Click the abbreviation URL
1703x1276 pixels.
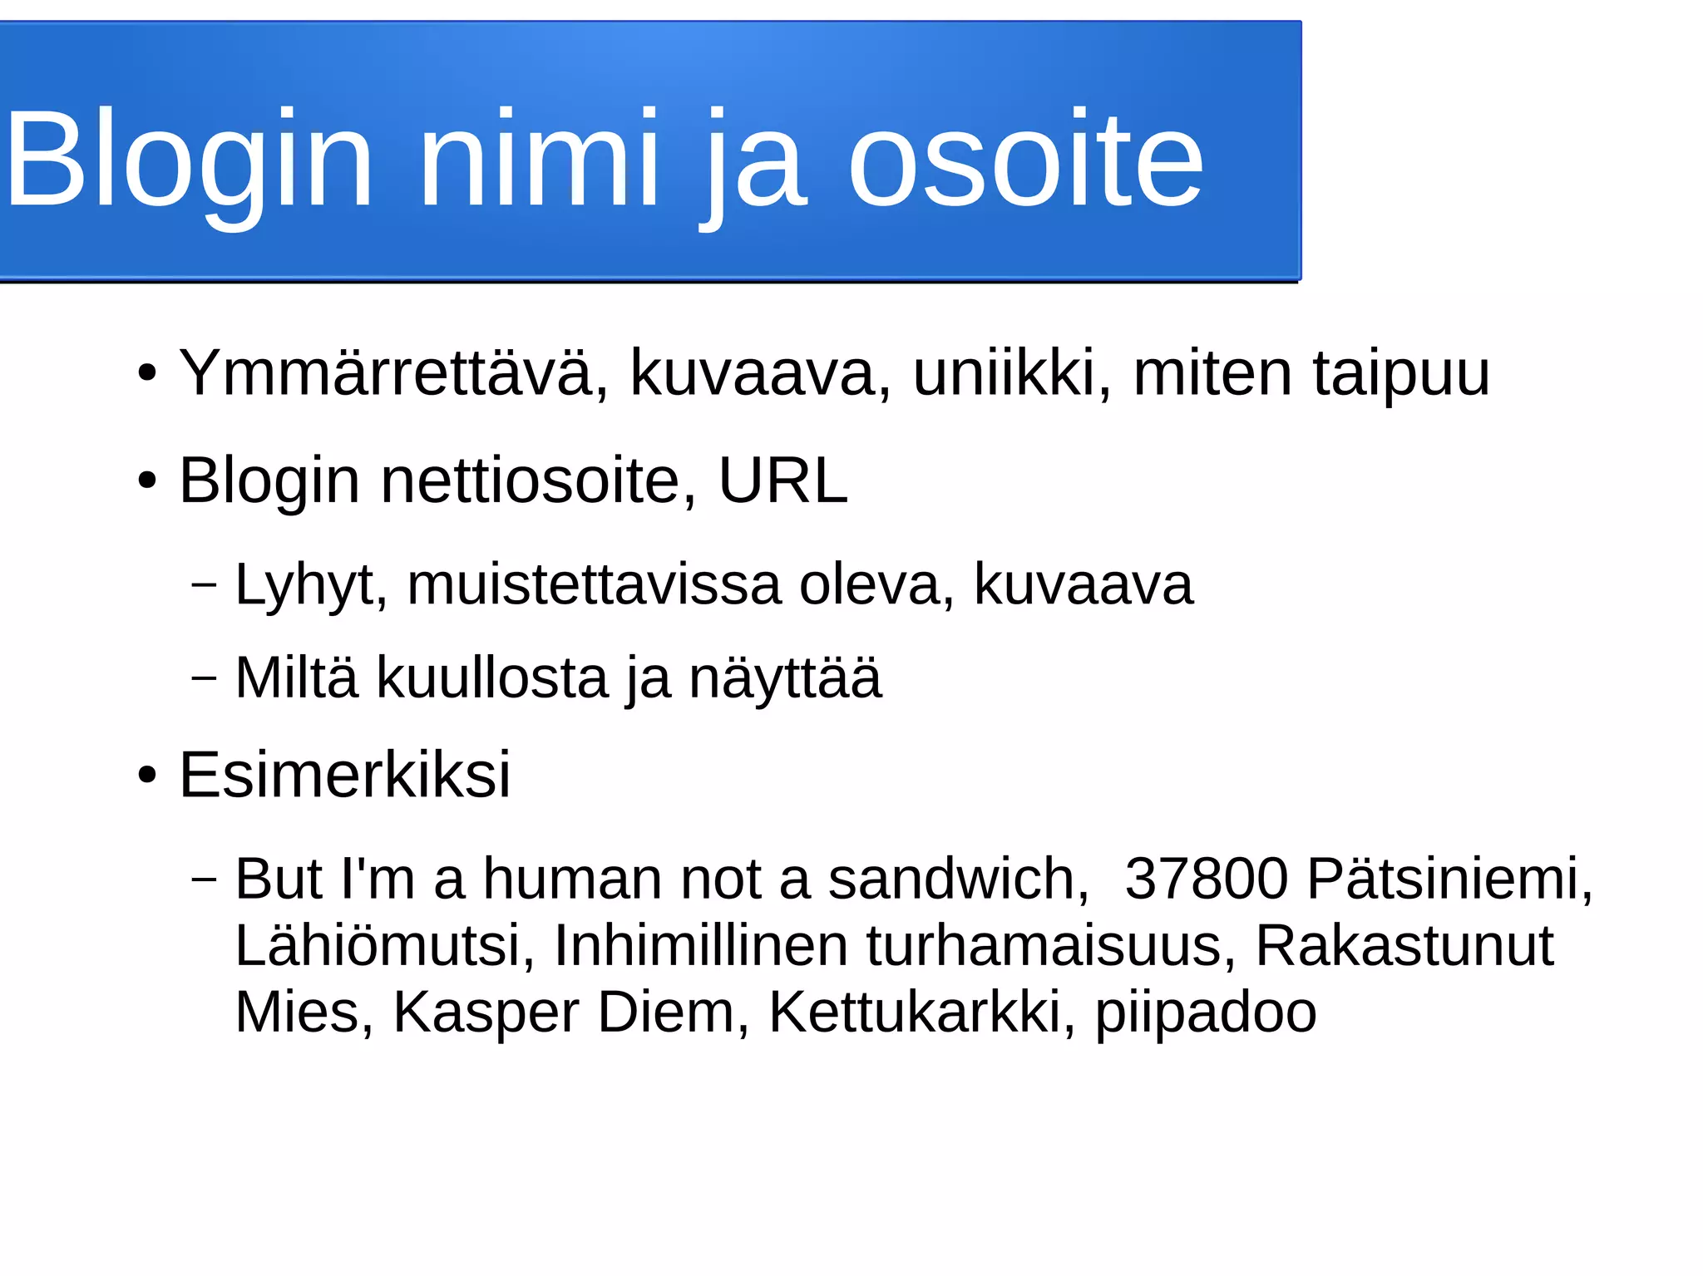(782, 480)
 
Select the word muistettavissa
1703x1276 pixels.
(594, 584)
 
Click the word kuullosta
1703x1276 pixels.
(492, 677)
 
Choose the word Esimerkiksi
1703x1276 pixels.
(344, 775)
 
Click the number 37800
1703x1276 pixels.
(1206, 879)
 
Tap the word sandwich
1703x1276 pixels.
(958, 879)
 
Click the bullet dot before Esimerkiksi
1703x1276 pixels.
(147, 776)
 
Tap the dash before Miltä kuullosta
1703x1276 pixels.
(204, 677)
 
